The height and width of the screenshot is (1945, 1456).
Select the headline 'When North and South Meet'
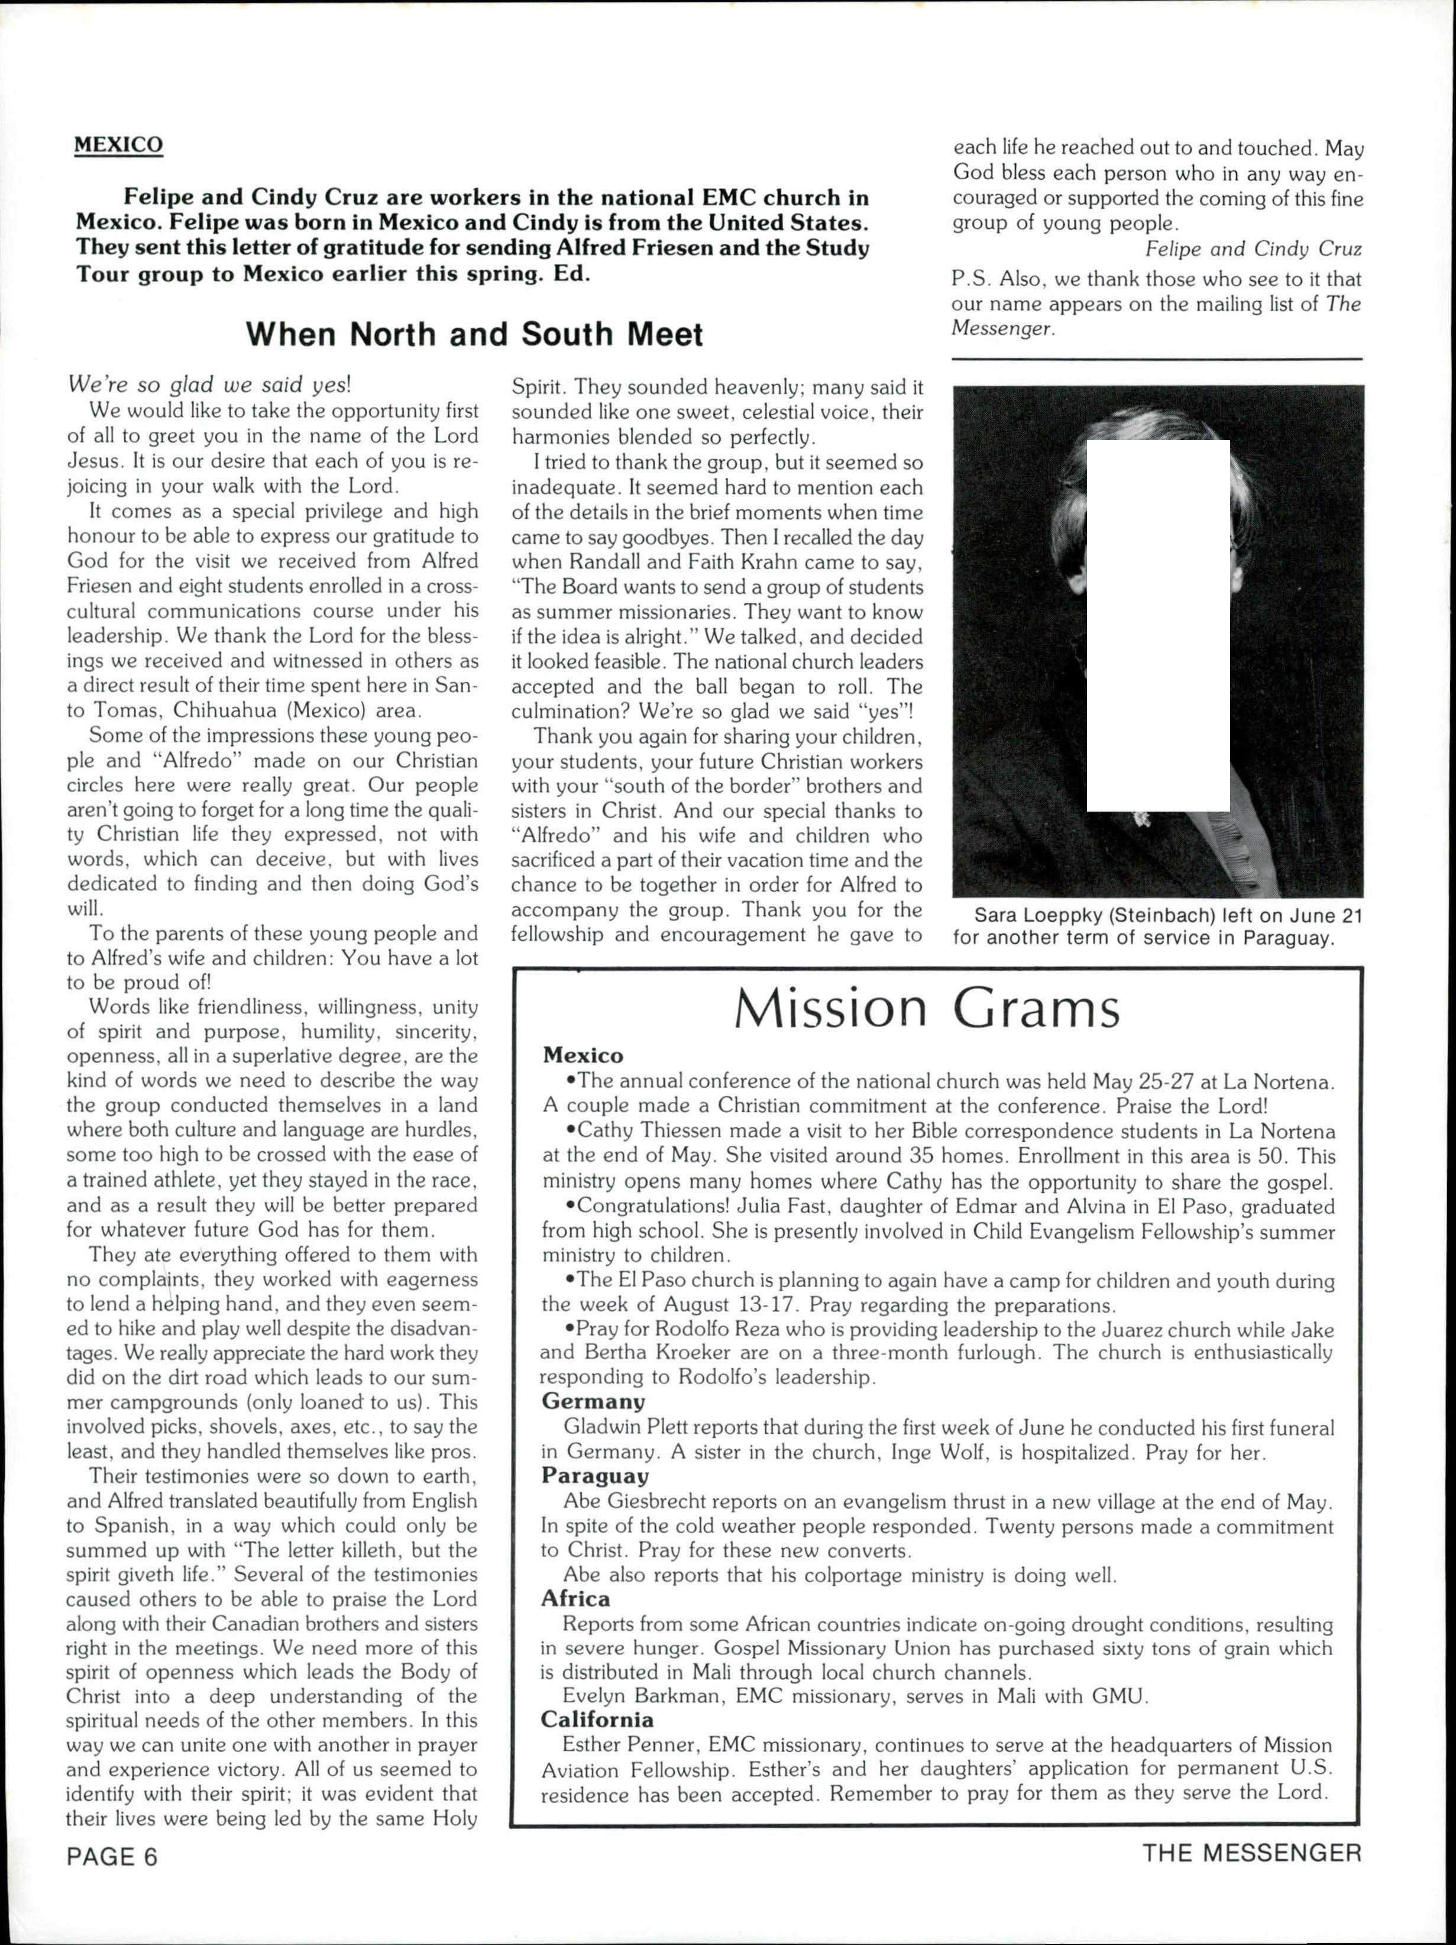click(x=474, y=335)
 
